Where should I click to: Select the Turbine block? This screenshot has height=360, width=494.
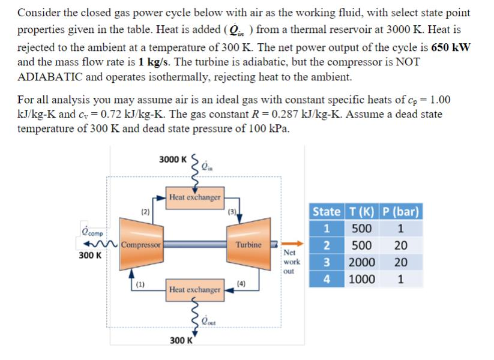point(248,245)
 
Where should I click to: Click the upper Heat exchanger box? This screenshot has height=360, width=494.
point(195,197)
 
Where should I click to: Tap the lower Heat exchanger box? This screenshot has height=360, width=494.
point(195,290)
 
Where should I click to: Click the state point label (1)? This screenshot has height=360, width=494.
point(140,284)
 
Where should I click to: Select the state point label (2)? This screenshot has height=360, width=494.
point(145,211)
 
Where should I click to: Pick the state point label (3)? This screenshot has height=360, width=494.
point(231,211)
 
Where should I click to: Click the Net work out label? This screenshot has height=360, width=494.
point(292,262)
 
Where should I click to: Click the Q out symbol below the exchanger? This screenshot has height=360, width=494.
point(208,319)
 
